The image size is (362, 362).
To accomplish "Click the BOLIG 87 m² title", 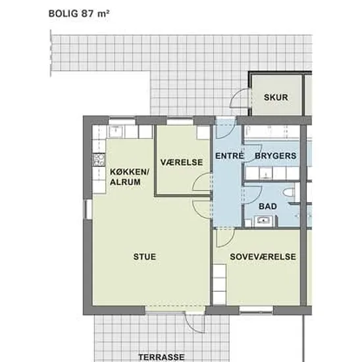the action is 79,14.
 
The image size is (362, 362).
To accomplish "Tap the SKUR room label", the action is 276,97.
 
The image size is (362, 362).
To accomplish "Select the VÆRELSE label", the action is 182,163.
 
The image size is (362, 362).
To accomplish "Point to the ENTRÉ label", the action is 229,156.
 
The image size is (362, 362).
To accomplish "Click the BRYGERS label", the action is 275,156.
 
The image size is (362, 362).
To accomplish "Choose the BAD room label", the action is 268,206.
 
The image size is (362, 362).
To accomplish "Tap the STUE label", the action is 145,257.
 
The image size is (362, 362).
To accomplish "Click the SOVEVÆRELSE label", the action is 263,257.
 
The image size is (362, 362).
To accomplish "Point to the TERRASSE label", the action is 161,357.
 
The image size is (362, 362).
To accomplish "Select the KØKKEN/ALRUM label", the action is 130,177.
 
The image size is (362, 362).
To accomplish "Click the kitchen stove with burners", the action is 99,160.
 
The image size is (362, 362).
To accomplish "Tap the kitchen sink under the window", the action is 116,132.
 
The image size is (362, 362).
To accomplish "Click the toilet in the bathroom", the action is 290,193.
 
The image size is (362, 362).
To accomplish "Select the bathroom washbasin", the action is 263,220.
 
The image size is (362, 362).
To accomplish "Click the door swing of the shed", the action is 240,98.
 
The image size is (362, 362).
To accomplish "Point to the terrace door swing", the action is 195,322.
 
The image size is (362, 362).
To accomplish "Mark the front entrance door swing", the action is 225,128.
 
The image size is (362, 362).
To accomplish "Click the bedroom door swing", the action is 226,238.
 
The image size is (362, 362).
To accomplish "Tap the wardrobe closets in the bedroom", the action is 219,284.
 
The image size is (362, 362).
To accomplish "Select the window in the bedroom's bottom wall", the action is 256,311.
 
